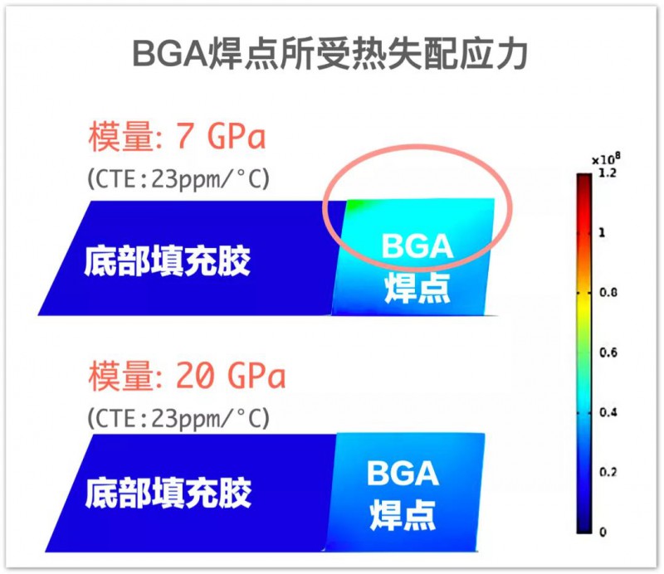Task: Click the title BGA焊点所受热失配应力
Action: point(330,54)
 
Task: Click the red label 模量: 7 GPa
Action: point(177,136)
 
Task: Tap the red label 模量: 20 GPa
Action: point(188,376)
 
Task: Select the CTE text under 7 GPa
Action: point(178,178)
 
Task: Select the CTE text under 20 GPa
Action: point(178,418)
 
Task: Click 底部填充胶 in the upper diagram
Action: point(168,261)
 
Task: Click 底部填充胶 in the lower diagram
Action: point(168,493)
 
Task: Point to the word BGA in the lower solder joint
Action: point(403,473)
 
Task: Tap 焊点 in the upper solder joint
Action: point(417,288)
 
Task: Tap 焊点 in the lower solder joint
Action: point(403,515)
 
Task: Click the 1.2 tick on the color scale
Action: point(608,173)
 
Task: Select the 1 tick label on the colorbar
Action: point(602,232)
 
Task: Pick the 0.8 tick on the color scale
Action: point(608,292)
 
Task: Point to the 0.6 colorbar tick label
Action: point(608,353)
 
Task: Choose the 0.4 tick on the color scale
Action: point(608,412)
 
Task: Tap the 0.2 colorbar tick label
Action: point(608,472)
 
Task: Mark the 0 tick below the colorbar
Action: point(603,532)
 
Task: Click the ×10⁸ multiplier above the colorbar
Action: point(606,158)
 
